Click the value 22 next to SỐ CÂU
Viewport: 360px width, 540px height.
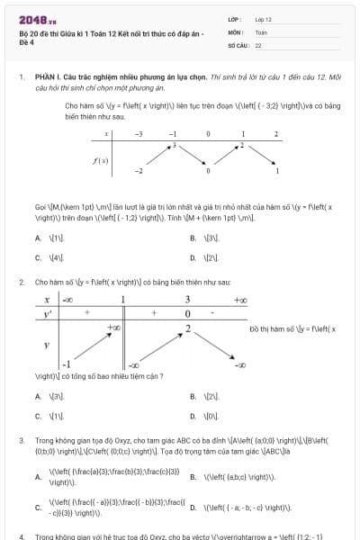[x=258, y=44]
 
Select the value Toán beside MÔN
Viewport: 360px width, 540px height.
[x=262, y=31]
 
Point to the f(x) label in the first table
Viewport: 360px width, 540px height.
[x=102, y=161]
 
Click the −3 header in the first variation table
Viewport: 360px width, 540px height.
[x=139, y=134]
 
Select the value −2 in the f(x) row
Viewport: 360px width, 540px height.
[x=139, y=170]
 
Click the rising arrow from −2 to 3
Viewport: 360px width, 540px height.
[x=156, y=157]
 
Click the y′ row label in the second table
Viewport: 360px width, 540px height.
[x=48, y=313]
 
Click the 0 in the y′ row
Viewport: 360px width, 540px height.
[x=187, y=313]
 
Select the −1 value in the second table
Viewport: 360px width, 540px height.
[x=66, y=364]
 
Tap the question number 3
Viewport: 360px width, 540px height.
[x=21, y=440]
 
